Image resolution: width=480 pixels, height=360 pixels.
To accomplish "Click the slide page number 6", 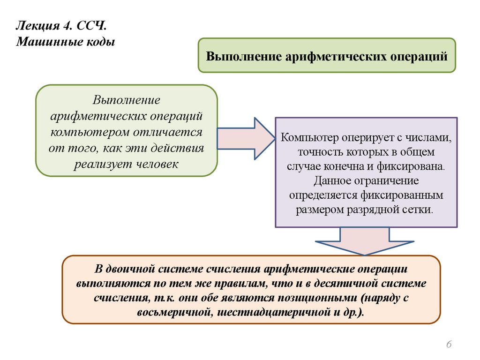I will point(449,345).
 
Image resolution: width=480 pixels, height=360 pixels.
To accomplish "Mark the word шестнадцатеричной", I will point(274,312).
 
